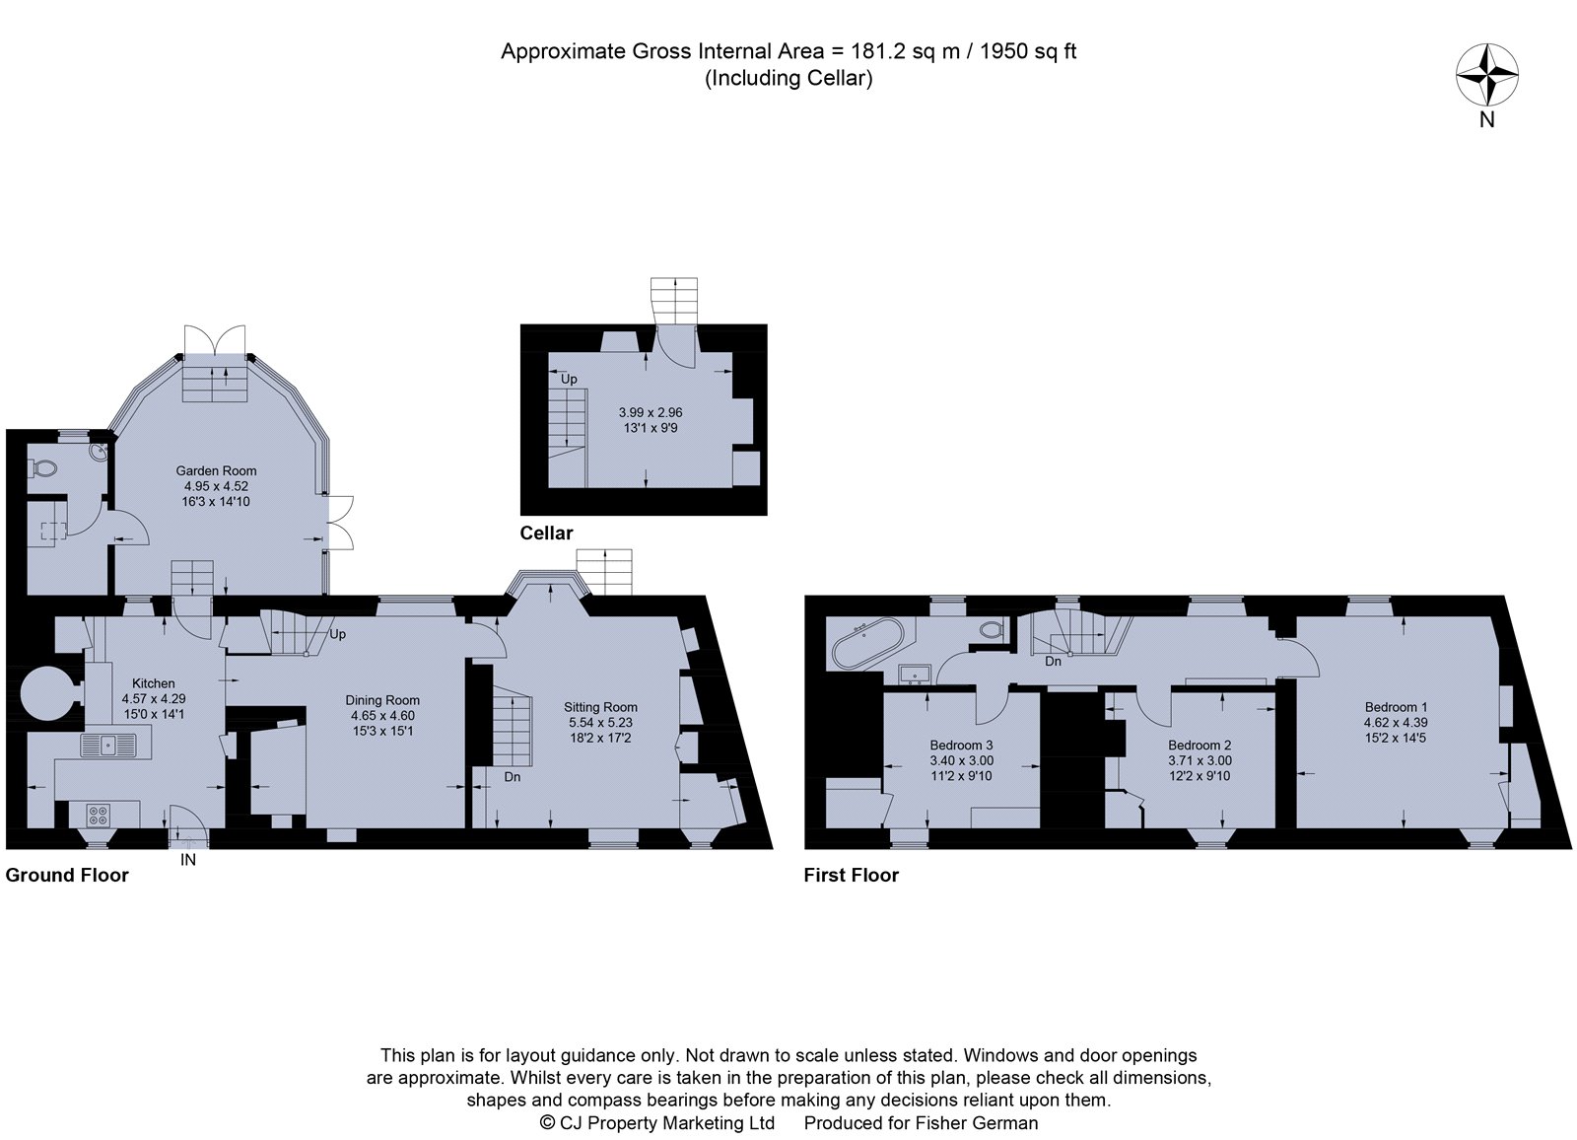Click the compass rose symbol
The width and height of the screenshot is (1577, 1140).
1486,75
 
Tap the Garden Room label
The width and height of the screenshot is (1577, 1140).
217,470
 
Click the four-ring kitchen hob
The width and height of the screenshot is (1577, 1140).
99,816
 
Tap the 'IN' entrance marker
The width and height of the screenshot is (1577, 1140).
188,860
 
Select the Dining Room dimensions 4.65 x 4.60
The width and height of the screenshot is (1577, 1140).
382,715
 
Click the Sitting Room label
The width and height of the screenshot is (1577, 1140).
600,706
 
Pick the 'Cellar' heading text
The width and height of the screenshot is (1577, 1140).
546,533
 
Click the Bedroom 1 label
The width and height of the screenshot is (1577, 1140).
1396,706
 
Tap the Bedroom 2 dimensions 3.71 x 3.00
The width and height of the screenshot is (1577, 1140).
1200,760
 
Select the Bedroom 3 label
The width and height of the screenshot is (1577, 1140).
961,745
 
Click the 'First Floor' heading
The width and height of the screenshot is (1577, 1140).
851,875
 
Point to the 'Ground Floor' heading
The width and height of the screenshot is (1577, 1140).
67,875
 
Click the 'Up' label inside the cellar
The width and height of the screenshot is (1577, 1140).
569,379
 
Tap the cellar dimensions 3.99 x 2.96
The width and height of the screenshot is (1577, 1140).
651,412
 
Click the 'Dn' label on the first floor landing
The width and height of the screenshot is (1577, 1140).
1053,661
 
